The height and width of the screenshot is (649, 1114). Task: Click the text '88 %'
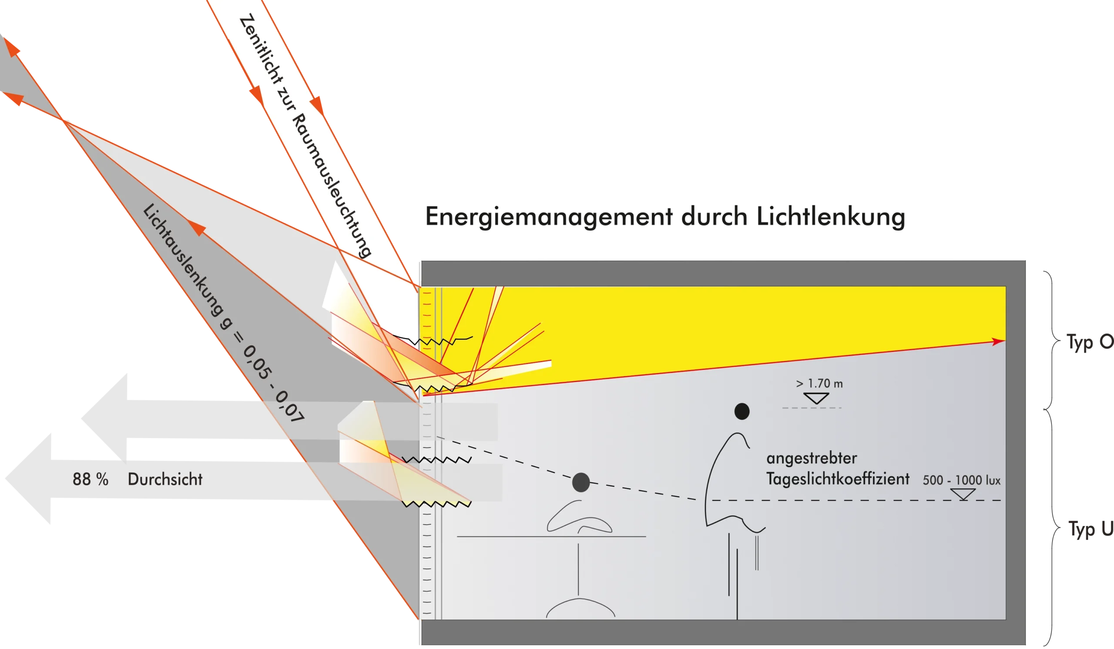[90, 479]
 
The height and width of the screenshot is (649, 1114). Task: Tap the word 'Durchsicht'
[165, 479]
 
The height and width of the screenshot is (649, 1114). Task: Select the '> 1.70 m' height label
[819, 384]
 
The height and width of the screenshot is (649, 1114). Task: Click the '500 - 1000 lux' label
[961, 480]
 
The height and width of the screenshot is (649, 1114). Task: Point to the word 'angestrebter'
[812, 458]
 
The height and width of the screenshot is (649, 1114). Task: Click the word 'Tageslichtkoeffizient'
[838, 479]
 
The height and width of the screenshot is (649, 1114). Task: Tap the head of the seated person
[581, 482]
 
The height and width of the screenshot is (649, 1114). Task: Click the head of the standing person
[742, 411]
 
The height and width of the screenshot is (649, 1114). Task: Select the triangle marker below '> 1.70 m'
[816, 398]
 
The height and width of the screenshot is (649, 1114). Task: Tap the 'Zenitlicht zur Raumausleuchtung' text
[305, 135]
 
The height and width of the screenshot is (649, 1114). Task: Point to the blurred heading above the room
[663, 217]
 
